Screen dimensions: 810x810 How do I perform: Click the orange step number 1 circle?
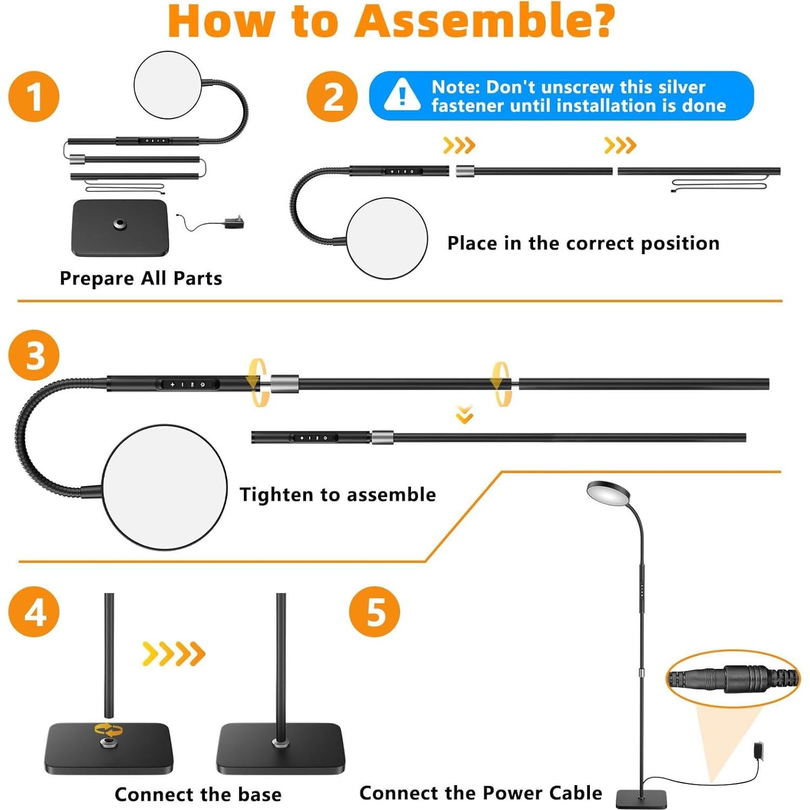tap(34, 97)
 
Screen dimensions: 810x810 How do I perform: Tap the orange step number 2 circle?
tap(331, 97)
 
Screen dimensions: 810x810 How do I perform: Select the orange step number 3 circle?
tap(34, 355)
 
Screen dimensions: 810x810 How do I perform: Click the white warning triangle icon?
tap(402, 95)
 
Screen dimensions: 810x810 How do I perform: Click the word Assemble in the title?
tap(484, 22)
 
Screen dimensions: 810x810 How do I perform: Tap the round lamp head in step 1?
tap(168, 85)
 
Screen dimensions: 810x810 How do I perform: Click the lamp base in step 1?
tap(120, 227)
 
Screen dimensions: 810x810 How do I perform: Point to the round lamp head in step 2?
tap(387, 238)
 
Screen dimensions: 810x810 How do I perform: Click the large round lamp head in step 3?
tap(164, 487)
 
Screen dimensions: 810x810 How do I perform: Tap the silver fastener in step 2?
tap(464, 171)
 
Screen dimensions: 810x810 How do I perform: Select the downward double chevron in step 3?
tap(464, 415)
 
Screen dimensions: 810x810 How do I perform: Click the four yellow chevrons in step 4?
tap(174, 654)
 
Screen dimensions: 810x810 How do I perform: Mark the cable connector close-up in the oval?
tap(733, 679)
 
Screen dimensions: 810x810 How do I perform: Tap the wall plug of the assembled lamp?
tap(760, 751)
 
